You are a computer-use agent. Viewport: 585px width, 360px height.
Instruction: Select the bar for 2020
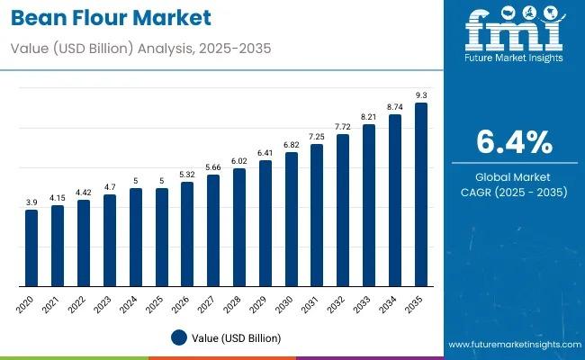pyautogui.click(x=31, y=247)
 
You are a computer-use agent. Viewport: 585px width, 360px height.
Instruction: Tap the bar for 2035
pyautogui.click(x=420, y=193)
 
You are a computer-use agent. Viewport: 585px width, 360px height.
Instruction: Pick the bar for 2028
pyautogui.click(x=239, y=227)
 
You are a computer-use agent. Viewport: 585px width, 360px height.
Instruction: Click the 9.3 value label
pyautogui.click(x=420, y=94)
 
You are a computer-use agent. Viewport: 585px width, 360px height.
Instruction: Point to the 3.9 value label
pyautogui.click(x=31, y=202)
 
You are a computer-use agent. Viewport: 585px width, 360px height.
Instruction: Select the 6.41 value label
pyautogui.click(x=265, y=153)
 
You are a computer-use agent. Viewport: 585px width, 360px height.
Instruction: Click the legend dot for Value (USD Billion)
pyautogui.click(x=178, y=337)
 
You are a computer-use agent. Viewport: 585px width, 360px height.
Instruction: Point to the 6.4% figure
pyautogui.click(x=513, y=142)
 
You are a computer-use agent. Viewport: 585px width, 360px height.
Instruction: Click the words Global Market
pyautogui.click(x=513, y=176)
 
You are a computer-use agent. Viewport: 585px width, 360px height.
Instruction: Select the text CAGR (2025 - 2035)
pyautogui.click(x=513, y=192)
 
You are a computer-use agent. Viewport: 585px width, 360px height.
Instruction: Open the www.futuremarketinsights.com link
pyautogui.click(x=512, y=345)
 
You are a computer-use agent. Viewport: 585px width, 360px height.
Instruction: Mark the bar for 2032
pyautogui.click(x=343, y=210)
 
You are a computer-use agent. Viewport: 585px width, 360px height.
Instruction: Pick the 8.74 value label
pyautogui.click(x=394, y=106)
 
